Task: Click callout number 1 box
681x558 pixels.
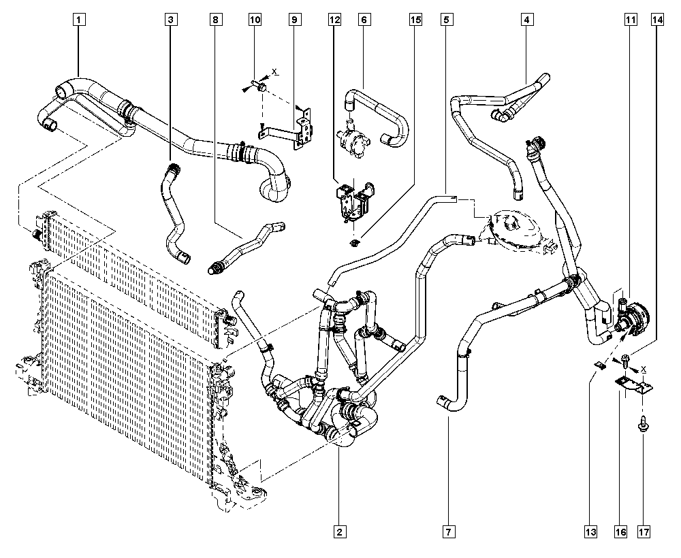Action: click(78, 20)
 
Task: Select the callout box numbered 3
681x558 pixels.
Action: click(171, 20)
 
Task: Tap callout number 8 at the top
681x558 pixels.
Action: click(216, 20)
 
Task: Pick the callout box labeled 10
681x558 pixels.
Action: click(255, 20)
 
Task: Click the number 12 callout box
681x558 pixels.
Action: click(335, 20)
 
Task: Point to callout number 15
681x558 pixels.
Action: click(415, 20)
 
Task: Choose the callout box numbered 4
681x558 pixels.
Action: click(526, 20)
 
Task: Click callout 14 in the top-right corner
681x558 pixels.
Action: click(658, 20)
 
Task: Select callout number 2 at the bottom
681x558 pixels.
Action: click(340, 531)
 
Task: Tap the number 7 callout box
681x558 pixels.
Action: click(449, 531)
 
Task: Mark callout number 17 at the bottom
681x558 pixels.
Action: click(644, 531)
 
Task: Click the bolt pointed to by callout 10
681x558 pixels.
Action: click(258, 86)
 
